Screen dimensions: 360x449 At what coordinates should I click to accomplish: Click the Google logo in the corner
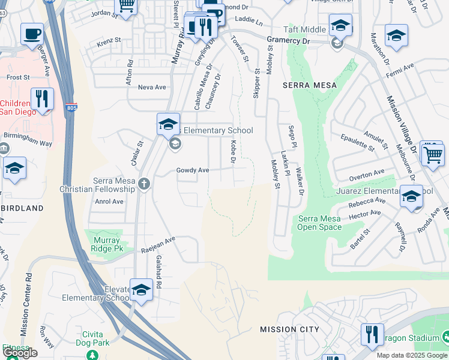pyautogui.click(x=20, y=353)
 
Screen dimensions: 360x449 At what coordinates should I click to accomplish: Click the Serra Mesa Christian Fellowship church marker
pyautogui.click(x=143, y=184)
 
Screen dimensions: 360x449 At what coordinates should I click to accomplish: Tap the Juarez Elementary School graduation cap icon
pyautogui.click(x=411, y=197)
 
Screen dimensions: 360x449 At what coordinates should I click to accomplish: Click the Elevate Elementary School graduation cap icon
pyautogui.click(x=141, y=290)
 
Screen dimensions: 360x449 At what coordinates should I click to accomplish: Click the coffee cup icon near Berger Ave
pyautogui.click(x=31, y=34)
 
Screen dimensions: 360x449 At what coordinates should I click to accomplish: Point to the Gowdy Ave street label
pyautogui.click(x=192, y=170)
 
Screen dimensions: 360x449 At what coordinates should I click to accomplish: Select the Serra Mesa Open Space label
pyautogui.click(x=320, y=223)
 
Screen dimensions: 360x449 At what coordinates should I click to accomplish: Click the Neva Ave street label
pyautogui.click(x=152, y=87)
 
